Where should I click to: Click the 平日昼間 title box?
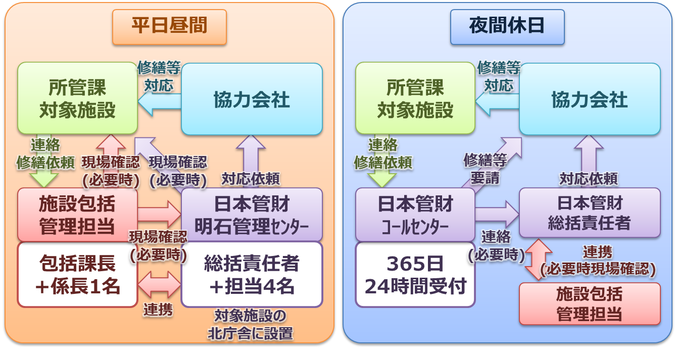169,26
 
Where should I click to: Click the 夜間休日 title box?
507,26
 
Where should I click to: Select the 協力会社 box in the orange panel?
252,99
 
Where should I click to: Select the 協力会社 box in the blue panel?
590,99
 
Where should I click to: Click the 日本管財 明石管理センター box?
252,214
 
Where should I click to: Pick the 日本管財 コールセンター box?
415,214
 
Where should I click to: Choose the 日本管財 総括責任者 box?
590,213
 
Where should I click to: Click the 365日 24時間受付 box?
415,275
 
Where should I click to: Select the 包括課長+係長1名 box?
77,275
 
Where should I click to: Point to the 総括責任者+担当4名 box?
252,275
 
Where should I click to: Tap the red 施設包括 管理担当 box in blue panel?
590,303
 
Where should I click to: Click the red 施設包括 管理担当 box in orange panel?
77,214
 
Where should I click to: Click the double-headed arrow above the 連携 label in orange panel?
159,285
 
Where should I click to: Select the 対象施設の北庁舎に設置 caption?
251,325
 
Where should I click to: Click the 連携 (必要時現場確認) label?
598,261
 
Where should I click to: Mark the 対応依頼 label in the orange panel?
251,178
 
